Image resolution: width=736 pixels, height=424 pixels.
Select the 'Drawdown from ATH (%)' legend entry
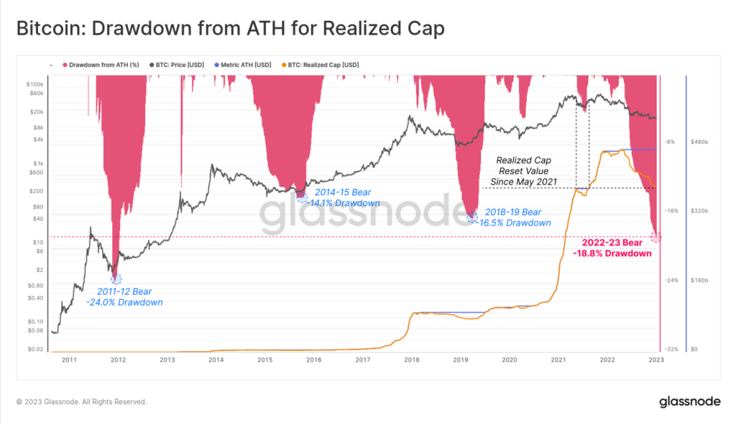click(x=103, y=65)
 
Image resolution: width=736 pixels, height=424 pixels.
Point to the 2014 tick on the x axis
click(x=216, y=359)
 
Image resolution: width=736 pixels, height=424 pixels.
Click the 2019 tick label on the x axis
click(x=460, y=359)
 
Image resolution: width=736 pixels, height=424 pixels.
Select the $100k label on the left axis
click(x=34, y=85)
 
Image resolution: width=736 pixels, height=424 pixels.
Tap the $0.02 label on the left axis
click(x=34, y=349)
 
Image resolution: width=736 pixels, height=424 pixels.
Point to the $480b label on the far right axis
click(x=700, y=142)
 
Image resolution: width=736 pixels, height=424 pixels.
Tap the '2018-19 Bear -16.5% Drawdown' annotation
click(x=517, y=218)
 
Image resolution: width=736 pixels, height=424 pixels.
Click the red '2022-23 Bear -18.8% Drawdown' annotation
click(x=612, y=248)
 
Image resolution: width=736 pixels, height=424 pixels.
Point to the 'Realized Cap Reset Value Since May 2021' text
click(x=524, y=172)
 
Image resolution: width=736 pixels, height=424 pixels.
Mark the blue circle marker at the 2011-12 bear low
click(x=116, y=278)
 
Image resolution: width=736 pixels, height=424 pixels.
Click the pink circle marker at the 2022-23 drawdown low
click(x=655, y=237)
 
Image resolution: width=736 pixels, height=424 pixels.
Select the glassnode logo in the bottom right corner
click(x=690, y=402)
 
